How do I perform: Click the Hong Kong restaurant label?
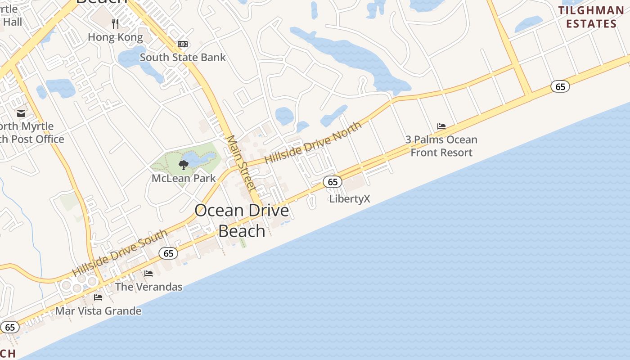[x=115, y=37]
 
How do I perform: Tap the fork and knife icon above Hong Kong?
[x=115, y=23]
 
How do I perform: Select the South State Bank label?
[x=183, y=58]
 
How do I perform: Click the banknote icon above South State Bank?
[x=183, y=44]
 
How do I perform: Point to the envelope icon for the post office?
[x=21, y=113]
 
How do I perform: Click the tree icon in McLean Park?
[x=183, y=165]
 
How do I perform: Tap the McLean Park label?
[x=184, y=178]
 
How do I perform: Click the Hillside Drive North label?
[x=313, y=143]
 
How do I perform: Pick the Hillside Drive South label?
[x=120, y=253]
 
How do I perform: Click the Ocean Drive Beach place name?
[x=242, y=220]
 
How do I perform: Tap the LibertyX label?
[x=350, y=199]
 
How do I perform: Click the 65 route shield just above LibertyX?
[x=333, y=182]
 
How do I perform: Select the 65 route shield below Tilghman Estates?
[x=560, y=86]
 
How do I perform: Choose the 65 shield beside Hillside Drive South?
[x=168, y=253]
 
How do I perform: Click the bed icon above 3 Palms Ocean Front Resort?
[x=441, y=126]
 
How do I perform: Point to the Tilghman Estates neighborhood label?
[x=591, y=17]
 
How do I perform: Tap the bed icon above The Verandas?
[x=148, y=274]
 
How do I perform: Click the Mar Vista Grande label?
[x=98, y=311]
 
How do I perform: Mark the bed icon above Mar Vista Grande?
[x=98, y=297]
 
